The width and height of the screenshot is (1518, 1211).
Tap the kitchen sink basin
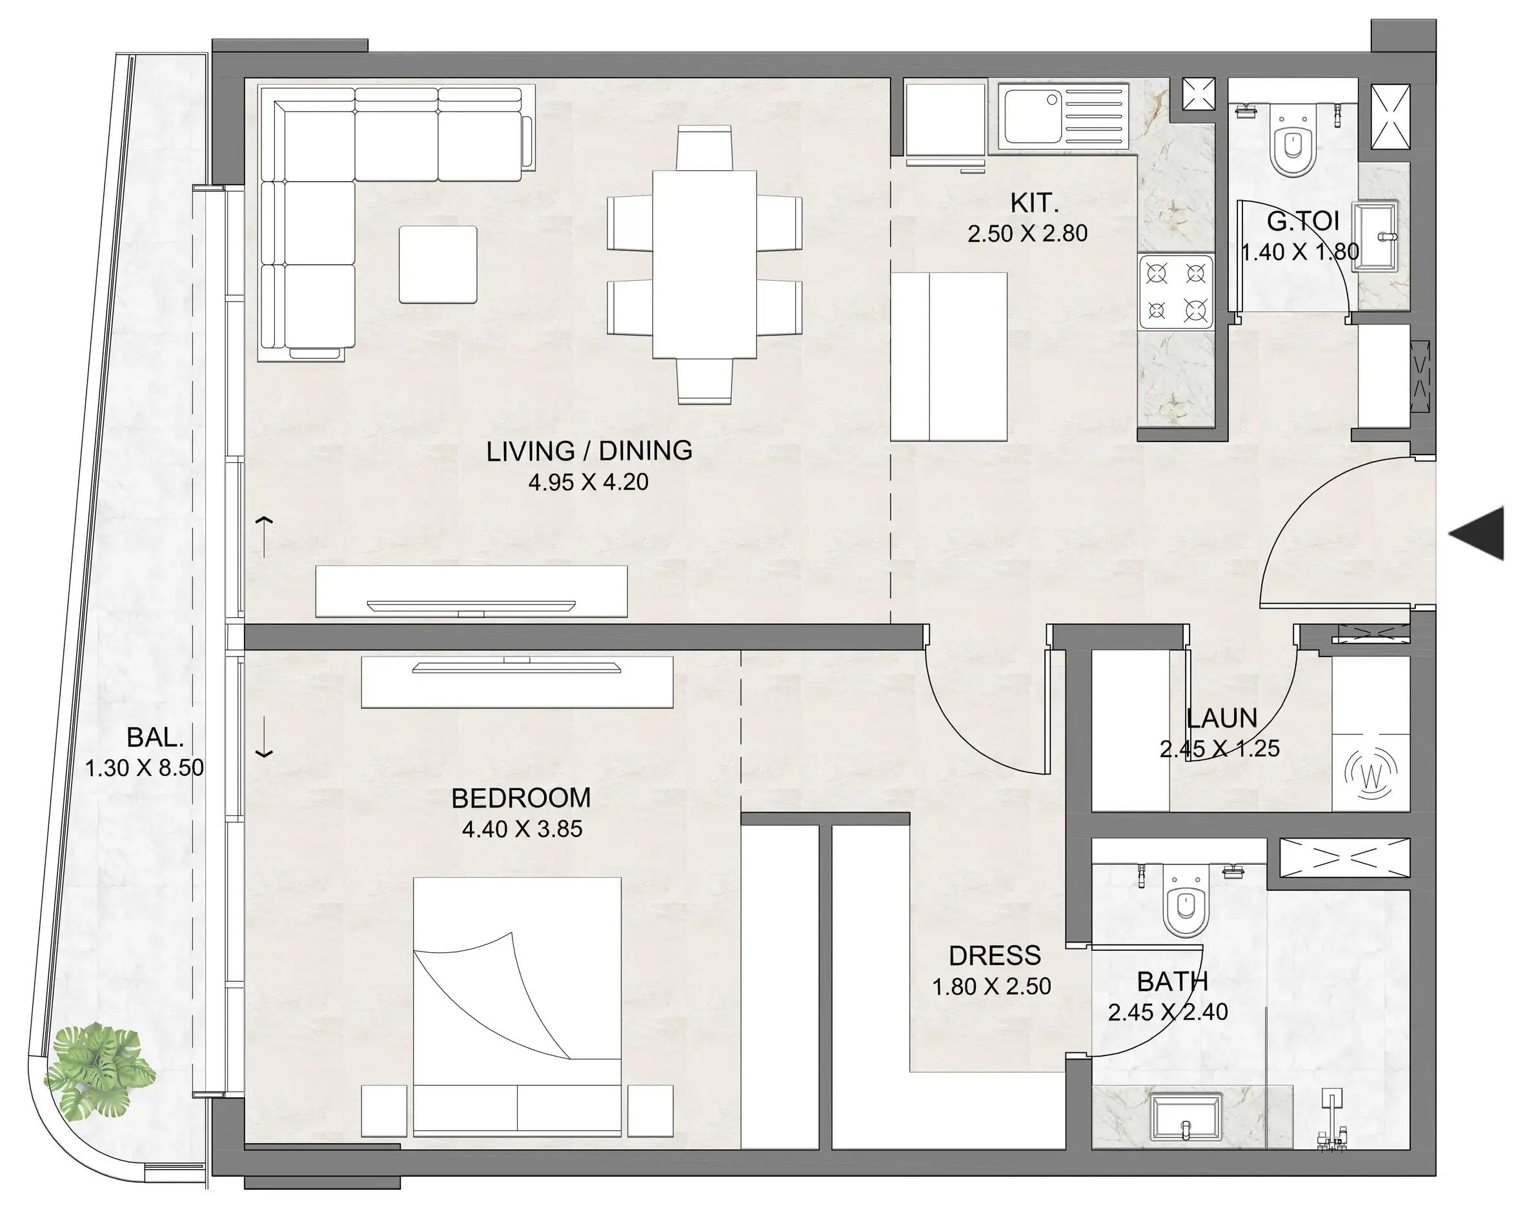pyautogui.click(x=1032, y=116)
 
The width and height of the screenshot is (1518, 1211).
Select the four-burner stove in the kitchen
pyautogui.click(x=1176, y=292)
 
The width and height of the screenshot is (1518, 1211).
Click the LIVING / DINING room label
pyautogui.click(x=589, y=451)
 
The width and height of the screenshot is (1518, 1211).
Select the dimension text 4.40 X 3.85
pyautogui.click(x=521, y=829)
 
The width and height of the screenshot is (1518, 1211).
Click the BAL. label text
pyautogui.click(x=155, y=737)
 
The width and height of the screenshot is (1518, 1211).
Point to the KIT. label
pyautogui.click(x=1033, y=203)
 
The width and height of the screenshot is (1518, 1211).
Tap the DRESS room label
pyautogui.click(x=994, y=955)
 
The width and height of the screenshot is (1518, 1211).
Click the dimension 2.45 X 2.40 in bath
pyautogui.click(x=1168, y=1012)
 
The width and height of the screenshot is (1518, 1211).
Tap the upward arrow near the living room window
pyautogui.click(x=264, y=535)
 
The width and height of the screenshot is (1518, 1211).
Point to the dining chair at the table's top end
pyautogui.click(x=704, y=147)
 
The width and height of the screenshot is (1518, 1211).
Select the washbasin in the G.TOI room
pyautogui.click(x=1377, y=236)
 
